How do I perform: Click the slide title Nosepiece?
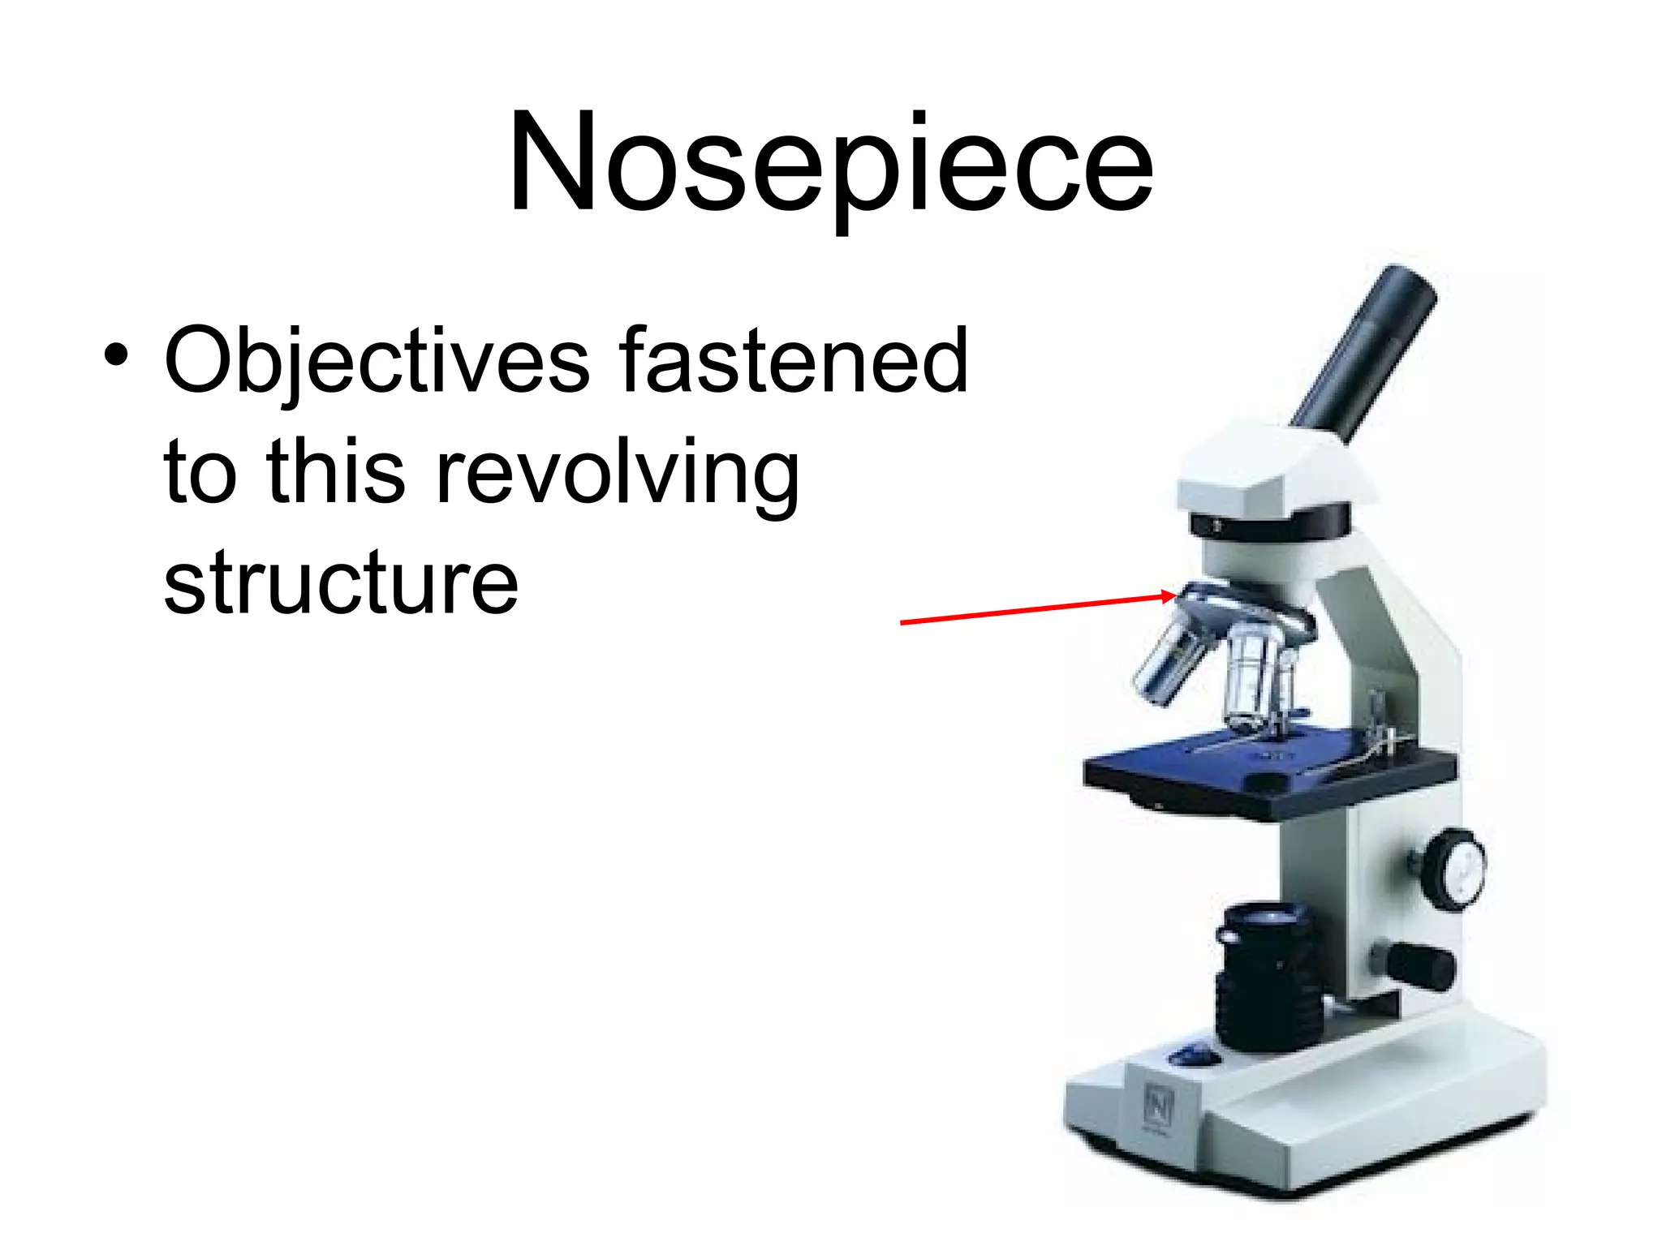click(830, 166)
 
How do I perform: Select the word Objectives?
click(377, 362)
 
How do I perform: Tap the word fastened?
click(794, 360)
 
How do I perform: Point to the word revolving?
click(618, 474)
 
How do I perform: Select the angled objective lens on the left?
click(1169, 661)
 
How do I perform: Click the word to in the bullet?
click(200, 474)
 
